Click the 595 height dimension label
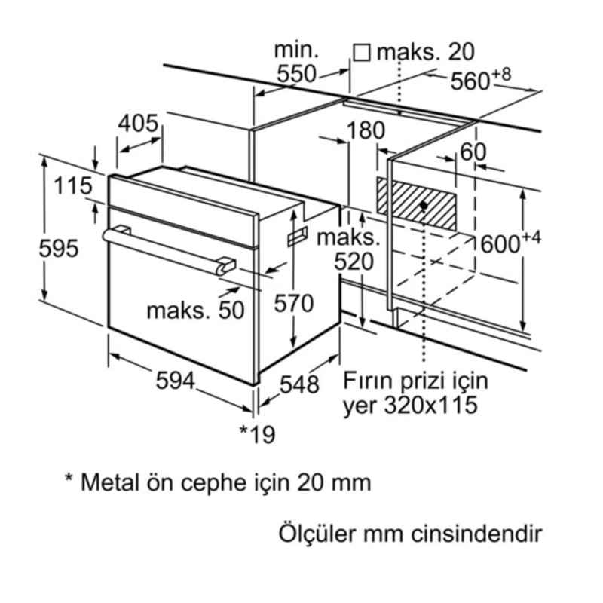pyautogui.click(x=59, y=248)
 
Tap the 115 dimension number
pyautogui.click(x=72, y=185)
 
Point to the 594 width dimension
pyautogui.click(x=176, y=381)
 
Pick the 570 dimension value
pyautogui.click(x=293, y=304)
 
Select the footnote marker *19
pyautogui.click(x=257, y=433)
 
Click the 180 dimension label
pyautogui.click(x=366, y=130)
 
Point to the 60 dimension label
pyautogui.click(x=473, y=152)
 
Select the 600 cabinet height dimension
pyautogui.click(x=501, y=243)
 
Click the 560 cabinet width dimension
pyautogui.click(x=473, y=81)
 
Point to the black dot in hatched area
pyautogui.click(x=426, y=205)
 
